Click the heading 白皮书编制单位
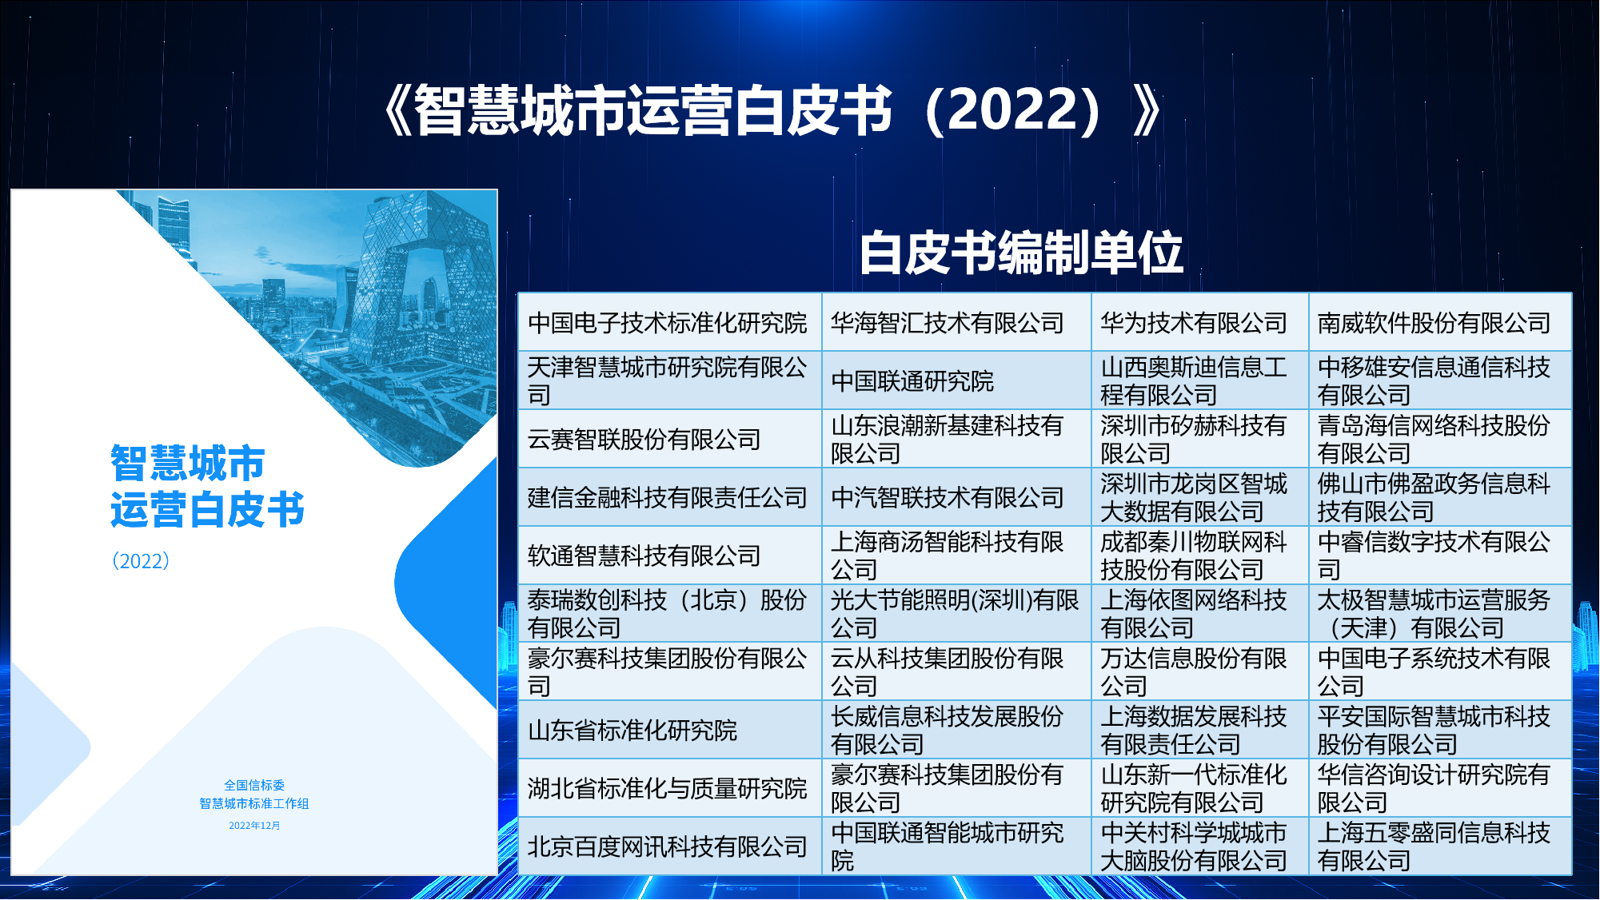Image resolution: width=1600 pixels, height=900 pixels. pyautogui.click(x=1021, y=253)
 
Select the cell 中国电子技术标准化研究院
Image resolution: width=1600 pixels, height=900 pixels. pyautogui.click(x=670, y=322)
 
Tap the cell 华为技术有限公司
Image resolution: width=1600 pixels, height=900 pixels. pyautogui.click(x=1199, y=322)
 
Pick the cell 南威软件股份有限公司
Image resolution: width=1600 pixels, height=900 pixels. pyautogui.click(x=1440, y=322)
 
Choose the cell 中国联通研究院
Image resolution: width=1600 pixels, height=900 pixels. pyautogui.click(x=956, y=380)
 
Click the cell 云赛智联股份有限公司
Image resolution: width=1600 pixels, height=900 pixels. pyautogui.click(x=670, y=439)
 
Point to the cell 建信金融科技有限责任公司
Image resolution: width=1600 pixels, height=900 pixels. pyautogui.click(x=670, y=497)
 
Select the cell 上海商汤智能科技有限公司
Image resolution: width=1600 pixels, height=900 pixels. pyautogui.click(x=956, y=556)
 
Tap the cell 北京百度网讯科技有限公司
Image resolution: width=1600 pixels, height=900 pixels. pyautogui.click(x=670, y=846)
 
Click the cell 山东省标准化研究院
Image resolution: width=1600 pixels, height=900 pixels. pyautogui.click(x=670, y=730)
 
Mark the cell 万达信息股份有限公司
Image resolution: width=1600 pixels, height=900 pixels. pyautogui.click(x=1199, y=671)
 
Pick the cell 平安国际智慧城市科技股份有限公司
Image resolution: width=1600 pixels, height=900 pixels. pyautogui.click(x=1440, y=730)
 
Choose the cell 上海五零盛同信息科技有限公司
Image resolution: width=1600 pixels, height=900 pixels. pyautogui.click(x=1440, y=846)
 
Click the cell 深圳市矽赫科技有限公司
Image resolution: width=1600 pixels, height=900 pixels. pyautogui.click(x=1199, y=439)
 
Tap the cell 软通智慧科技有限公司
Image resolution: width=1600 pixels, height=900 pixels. pyautogui.click(x=670, y=556)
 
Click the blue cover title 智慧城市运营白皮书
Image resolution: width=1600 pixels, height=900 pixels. pyautogui.click(x=207, y=486)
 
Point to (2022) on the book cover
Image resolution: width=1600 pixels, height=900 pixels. pyautogui.click(x=141, y=560)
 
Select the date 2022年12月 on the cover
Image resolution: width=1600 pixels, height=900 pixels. pyautogui.click(x=254, y=825)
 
